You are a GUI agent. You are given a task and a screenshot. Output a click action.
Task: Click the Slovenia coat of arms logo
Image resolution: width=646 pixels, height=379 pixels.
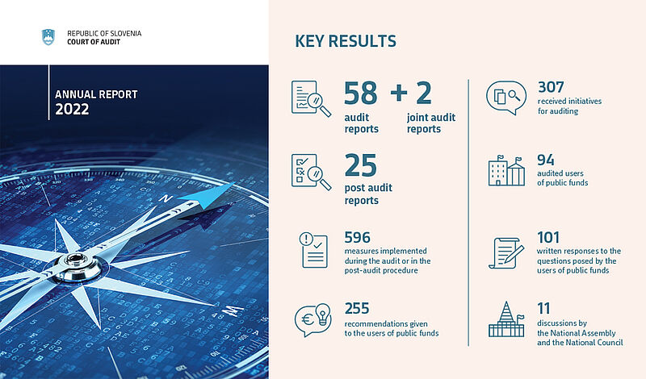48,37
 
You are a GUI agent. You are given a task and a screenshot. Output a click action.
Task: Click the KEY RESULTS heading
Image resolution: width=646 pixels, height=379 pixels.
346,41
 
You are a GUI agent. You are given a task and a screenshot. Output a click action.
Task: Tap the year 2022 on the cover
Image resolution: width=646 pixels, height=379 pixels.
72,109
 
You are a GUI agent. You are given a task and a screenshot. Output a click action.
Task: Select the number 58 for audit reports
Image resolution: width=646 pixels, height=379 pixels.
360,93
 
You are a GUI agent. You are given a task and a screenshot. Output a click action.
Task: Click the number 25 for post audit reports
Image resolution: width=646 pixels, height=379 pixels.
360,165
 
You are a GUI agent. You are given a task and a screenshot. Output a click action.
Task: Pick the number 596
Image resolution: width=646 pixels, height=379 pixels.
357,237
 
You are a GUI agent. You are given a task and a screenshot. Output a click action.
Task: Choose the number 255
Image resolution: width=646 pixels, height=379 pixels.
357,308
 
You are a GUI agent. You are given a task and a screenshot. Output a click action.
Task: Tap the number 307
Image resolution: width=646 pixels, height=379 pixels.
551,87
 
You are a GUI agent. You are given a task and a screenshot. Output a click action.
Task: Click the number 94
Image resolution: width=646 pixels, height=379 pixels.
546,160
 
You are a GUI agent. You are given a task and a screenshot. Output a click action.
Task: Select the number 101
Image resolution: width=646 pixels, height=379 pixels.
548,237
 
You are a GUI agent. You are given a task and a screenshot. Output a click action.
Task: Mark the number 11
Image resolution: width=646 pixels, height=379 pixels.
543,308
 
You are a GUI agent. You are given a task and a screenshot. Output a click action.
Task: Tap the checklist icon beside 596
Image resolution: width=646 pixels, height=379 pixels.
313,250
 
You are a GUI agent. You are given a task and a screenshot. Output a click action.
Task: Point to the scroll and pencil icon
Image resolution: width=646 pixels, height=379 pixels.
506,253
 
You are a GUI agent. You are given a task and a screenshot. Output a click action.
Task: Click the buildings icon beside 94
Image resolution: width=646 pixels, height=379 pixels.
506,171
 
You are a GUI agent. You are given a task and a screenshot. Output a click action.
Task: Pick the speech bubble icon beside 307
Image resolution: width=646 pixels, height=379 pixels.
506,98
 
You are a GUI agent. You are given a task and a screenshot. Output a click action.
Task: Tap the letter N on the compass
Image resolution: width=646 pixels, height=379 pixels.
166,198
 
